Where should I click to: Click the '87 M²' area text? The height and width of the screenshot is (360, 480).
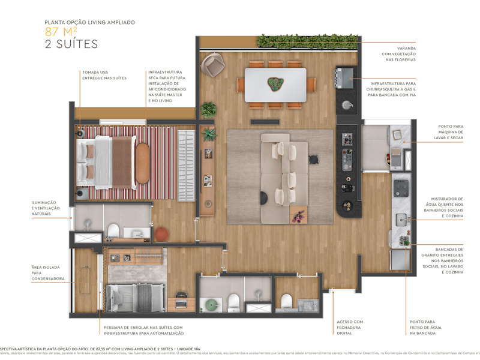coord(63,32)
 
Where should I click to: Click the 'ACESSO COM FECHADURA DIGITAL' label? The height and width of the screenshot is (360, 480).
coord(350,328)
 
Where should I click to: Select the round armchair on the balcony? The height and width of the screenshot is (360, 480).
coord(212,64)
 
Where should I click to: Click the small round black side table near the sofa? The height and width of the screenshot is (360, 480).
coord(312,159)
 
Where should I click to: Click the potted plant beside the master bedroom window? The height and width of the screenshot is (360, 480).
coord(208,110)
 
